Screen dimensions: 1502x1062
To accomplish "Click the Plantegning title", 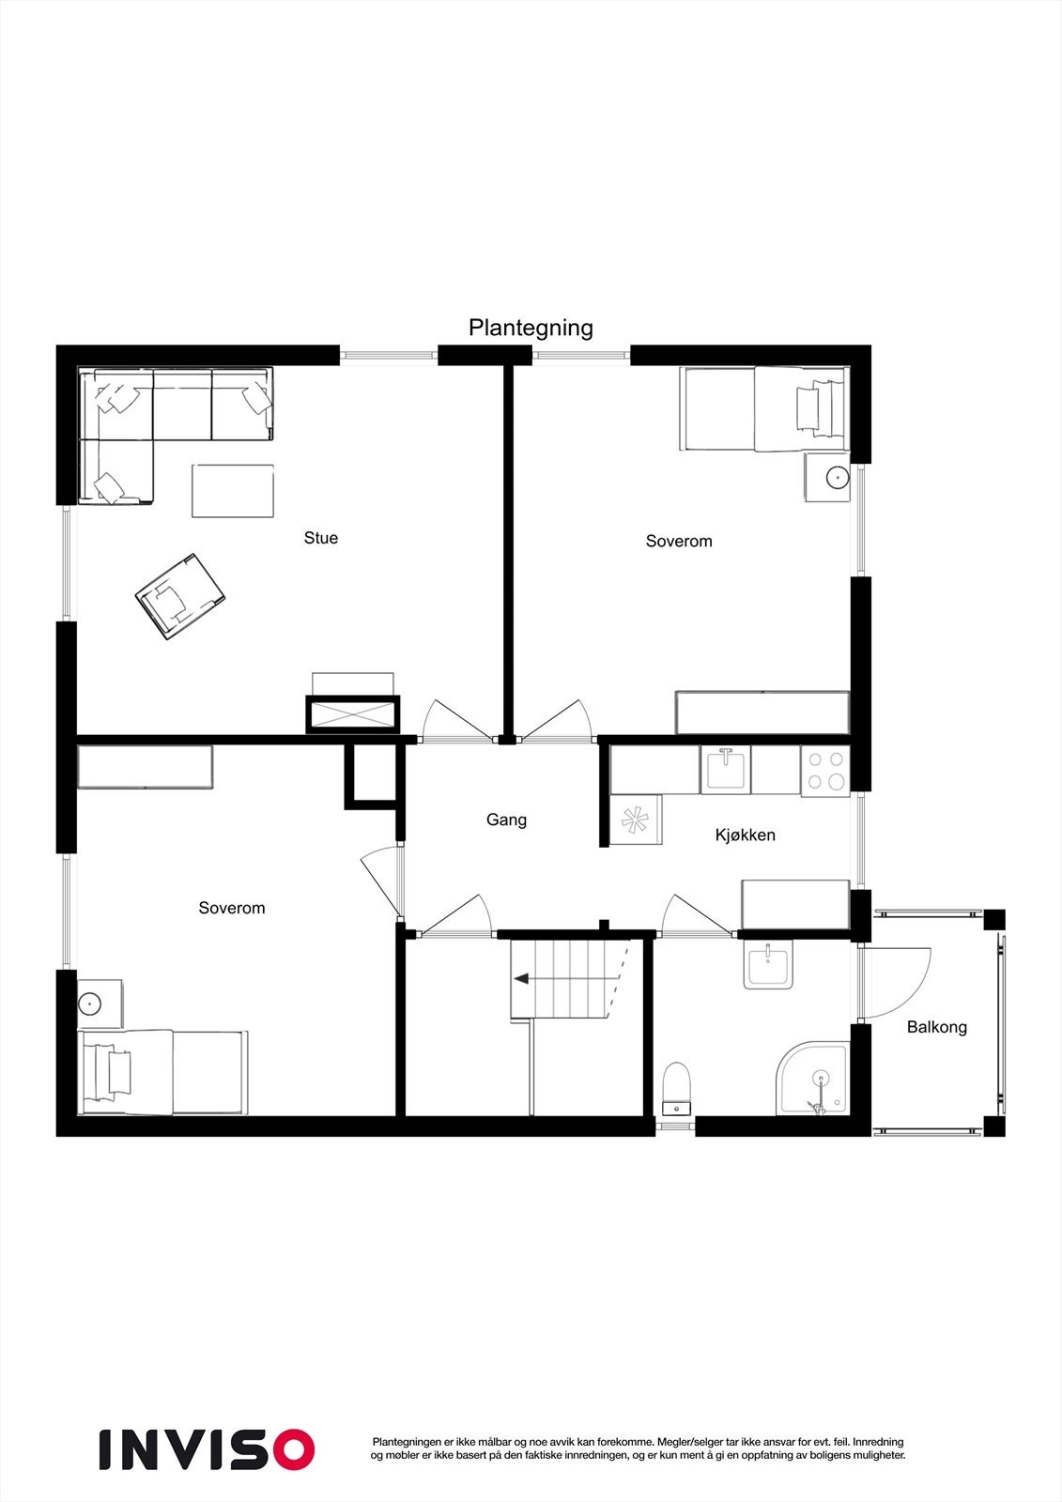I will pyautogui.click(x=531, y=328).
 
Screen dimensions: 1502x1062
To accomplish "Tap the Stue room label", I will pyautogui.click(x=320, y=538).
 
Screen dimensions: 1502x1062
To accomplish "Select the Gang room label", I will pyautogui.click(x=506, y=820).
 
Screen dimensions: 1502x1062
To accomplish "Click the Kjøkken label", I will pyautogui.click(x=745, y=835).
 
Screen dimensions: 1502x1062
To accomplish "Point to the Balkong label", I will pyautogui.click(x=936, y=1027).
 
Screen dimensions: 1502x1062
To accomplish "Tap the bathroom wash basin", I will pyautogui.click(x=768, y=966).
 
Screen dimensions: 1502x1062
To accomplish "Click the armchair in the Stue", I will pyautogui.click(x=181, y=596).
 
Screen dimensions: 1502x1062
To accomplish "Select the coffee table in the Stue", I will pyautogui.click(x=233, y=490).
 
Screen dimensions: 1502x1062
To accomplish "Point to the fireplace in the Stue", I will pyautogui.click(x=353, y=713).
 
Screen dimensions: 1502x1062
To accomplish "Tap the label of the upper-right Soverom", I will pyautogui.click(x=678, y=541).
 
